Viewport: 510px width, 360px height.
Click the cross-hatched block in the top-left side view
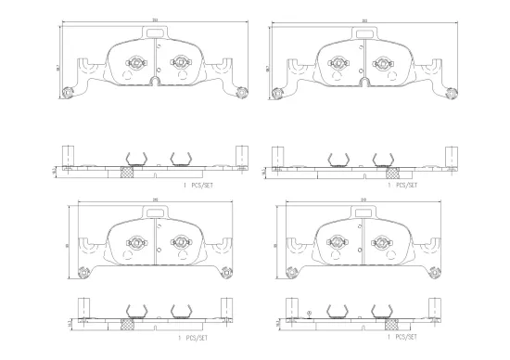click(129, 171)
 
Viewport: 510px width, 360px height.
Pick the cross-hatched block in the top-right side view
click(393, 171)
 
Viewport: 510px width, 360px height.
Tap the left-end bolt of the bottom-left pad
click(83, 272)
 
